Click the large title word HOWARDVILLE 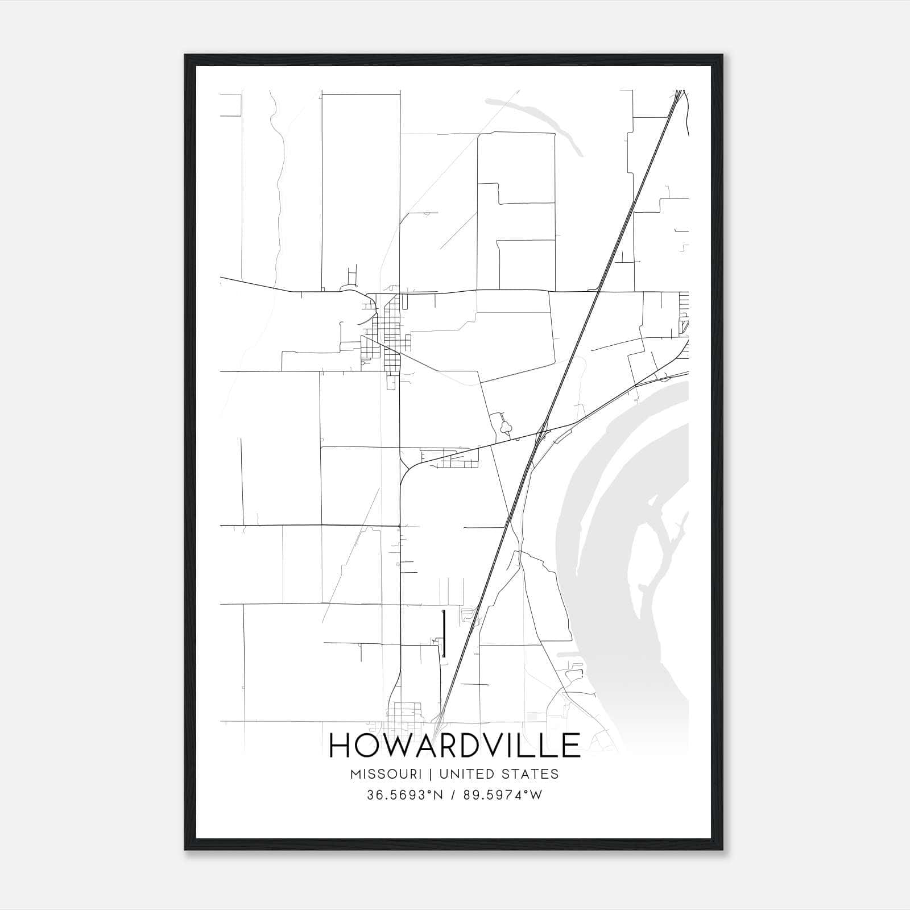tap(454, 745)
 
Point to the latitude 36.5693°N tap(404, 795)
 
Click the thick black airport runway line tap(444, 634)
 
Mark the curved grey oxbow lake tap(535, 122)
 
